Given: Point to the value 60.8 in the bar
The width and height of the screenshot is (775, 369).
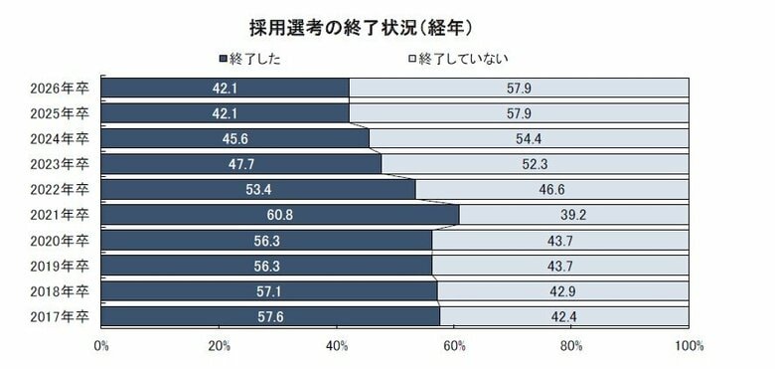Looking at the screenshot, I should coord(279,215).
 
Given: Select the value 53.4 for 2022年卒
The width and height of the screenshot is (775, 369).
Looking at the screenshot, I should coord(257,189).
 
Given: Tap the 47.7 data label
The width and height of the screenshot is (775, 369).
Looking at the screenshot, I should coord(240,164).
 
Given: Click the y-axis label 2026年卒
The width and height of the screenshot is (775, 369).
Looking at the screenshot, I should coord(60,88).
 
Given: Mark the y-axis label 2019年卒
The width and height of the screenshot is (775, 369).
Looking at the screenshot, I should coord(60,266).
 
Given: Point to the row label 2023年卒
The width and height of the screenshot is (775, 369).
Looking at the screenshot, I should coord(60,164).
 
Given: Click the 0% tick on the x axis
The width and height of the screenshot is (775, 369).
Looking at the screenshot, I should coord(101,346).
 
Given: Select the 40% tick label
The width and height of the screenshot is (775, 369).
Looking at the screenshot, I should coord(337,346).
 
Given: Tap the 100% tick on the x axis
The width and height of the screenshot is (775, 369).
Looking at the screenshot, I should coord(688,346).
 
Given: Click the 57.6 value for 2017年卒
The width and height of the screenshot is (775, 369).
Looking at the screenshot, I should coord(269,316).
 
